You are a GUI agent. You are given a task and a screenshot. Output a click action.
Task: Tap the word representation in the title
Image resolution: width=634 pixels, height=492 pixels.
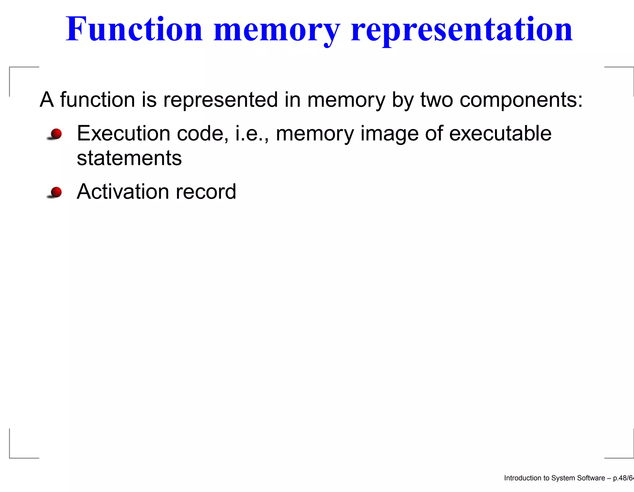pos(462,29)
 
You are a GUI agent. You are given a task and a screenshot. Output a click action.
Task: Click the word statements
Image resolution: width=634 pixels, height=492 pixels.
pos(129,158)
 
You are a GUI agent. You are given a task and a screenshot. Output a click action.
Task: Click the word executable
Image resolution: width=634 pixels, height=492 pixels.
pos(500,133)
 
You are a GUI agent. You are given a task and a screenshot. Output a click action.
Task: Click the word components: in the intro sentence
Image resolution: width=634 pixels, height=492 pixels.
pos(521,100)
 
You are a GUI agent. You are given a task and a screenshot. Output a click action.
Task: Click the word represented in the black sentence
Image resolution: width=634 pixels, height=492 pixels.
pos(220,100)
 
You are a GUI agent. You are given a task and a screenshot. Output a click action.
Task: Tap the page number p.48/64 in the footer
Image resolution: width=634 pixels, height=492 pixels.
pos(623,478)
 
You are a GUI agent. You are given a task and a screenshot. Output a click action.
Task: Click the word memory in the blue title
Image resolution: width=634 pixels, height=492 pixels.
pos(276,29)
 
